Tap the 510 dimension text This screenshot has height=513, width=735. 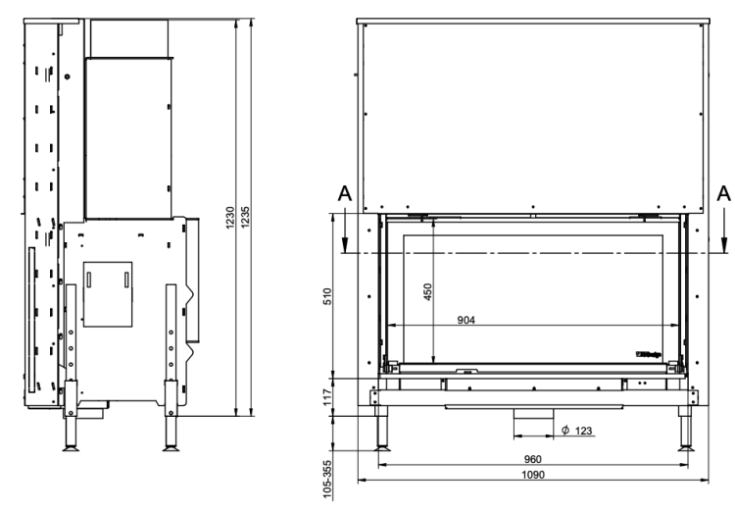(x=327, y=296)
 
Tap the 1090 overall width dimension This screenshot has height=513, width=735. (x=532, y=474)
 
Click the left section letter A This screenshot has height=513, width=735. (x=344, y=194)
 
